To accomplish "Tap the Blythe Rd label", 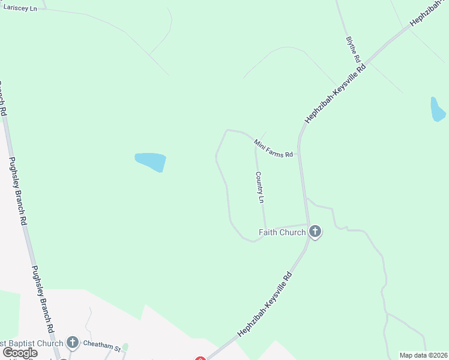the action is (352, 50).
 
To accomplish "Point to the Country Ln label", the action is (260, 187).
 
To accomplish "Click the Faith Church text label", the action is (282, 232).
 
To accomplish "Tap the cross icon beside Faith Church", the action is (315, 232).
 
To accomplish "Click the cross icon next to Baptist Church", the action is (73, 343).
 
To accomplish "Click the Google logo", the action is (20, 353).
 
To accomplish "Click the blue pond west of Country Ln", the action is (151, 161).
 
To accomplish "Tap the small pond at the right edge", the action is (437, 110).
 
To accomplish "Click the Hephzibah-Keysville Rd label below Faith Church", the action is (265, 304).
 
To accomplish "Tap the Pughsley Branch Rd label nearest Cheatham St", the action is (41, 300).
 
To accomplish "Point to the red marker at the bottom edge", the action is (200, 358).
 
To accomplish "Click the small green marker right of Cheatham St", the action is (125, 347).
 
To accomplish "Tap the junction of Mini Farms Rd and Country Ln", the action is (255, 142).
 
